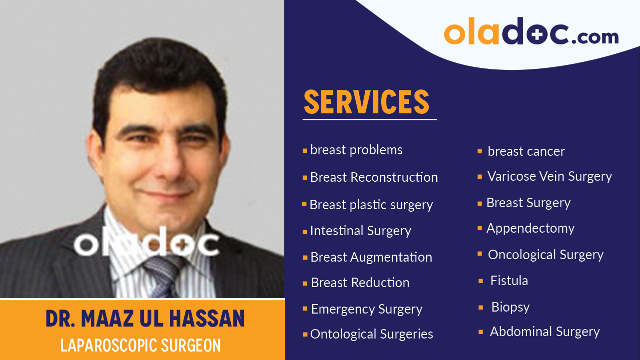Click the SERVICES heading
(366, 102)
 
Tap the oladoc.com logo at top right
(531, 32)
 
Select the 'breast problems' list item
(356, 150)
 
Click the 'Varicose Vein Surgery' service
(550, 176)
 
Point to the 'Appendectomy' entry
(530, 229)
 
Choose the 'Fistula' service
(509, 281)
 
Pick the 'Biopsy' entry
(510, 307)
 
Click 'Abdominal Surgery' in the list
(545, 332)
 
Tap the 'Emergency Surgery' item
(367, 310)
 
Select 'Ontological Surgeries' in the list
(371, 334)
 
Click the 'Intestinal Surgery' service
(360, 231)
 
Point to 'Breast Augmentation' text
(371, 257)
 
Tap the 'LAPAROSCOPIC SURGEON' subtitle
(140, 346)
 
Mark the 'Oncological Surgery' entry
(546, 255)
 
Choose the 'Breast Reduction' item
(360, 283)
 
